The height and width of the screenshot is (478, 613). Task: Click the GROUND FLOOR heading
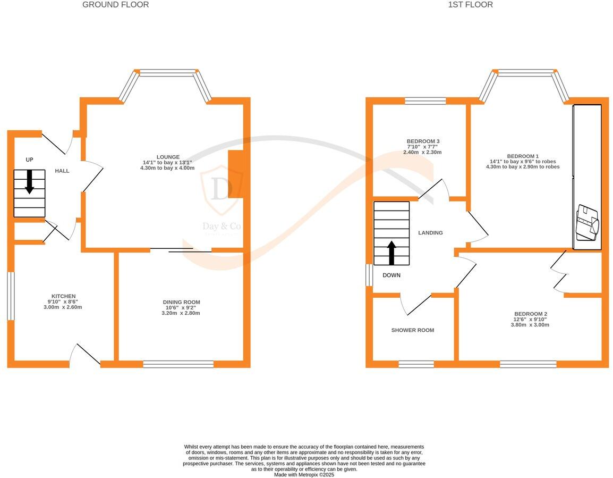coord(115,5)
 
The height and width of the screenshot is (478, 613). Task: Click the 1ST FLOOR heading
coord(470,5)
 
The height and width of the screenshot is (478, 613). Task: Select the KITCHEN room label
coord(63,296)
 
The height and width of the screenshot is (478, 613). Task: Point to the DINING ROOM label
coord(181,302)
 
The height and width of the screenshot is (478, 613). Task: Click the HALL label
coord(62,171)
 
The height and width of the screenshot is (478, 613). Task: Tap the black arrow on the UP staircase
coord(29,181)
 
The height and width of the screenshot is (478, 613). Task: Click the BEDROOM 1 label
coord(522,156)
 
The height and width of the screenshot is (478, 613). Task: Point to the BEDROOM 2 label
coord(530,314)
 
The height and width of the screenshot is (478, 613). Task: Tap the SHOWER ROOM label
coord(412,330)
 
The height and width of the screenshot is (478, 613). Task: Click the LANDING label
coord(430,233)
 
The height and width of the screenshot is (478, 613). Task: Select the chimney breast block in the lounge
coord(235,174)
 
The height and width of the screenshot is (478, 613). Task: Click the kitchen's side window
coord(10,296)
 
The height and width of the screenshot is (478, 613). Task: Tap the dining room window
coord(178,364)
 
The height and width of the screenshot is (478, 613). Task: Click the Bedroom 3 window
coord(425,100)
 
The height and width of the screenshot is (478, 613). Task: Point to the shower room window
coord(416,364)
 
